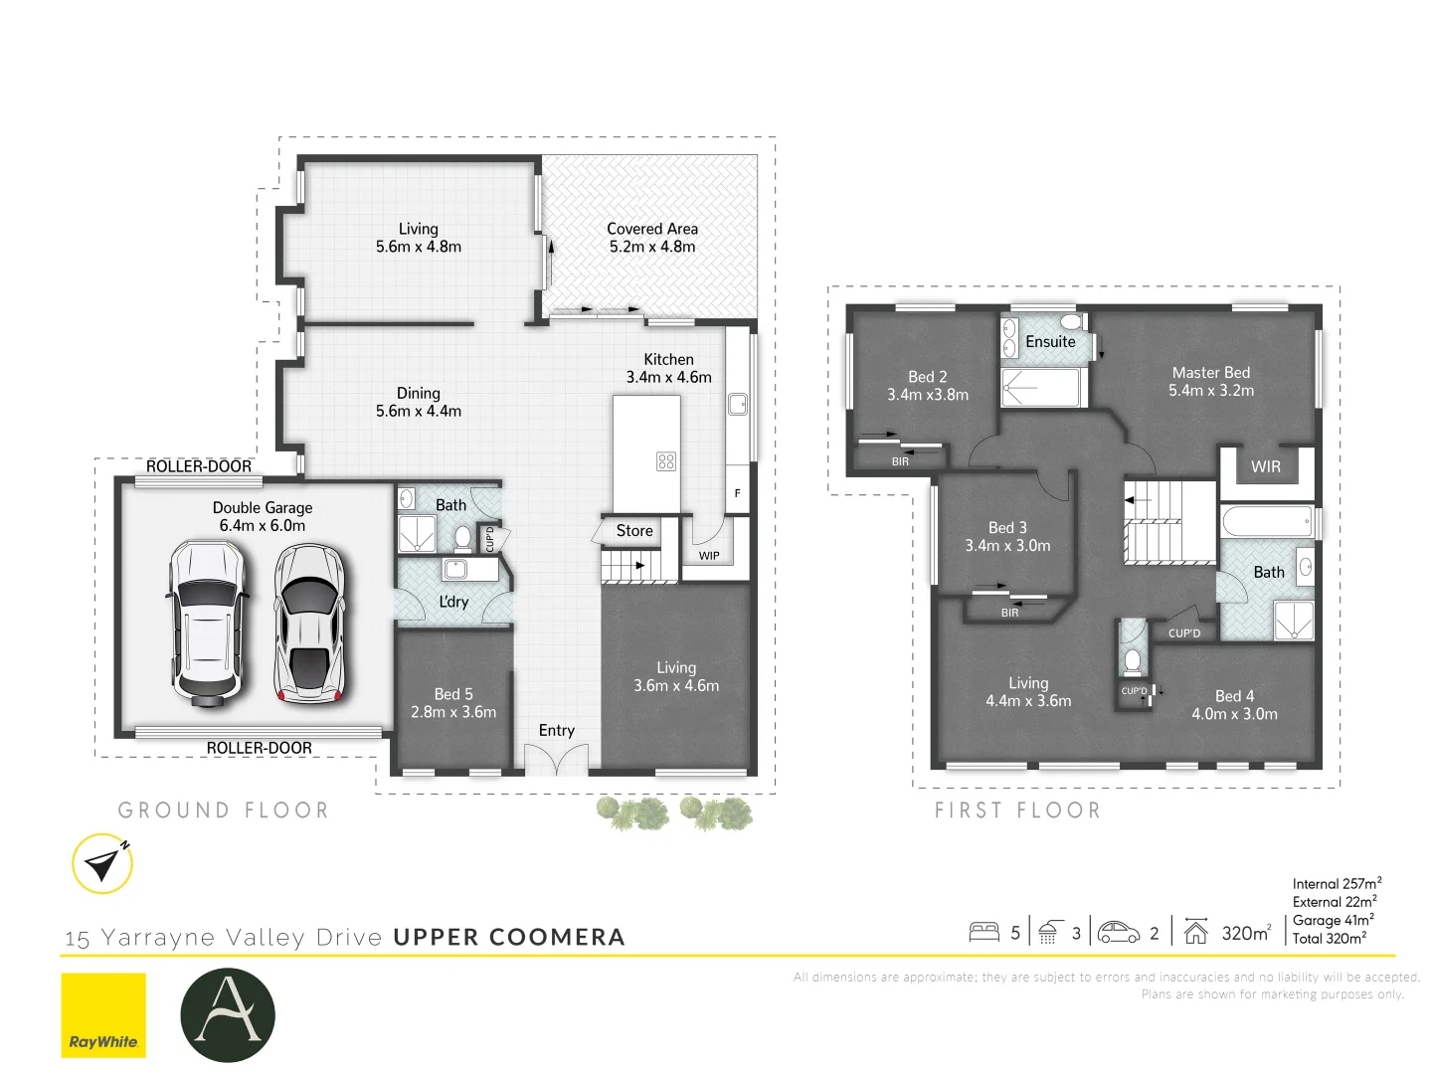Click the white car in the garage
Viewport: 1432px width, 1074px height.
tap(207, 623)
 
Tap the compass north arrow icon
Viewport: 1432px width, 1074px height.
tap(102, 863)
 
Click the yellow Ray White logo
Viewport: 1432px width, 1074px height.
tap(103, 1014)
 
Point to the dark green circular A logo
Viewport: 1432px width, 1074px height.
tap(228, 1014)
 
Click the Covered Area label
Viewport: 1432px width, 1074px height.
tap(652, 229)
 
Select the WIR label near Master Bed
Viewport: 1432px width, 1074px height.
tap(1265, 466)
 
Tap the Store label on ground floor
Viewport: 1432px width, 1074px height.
tap(634, 531)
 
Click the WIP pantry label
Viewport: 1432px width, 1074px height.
tap(709, 556)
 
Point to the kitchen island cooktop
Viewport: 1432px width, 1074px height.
tap(666, 461)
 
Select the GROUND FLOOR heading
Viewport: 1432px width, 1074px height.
tap(224, 810)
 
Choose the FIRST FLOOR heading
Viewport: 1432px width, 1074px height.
tap(1017, 810)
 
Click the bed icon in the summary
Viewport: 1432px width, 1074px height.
tap(984, 932)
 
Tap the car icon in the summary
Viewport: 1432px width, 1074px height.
tap(1119, 932)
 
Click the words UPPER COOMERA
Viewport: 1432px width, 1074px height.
tap(509, 937)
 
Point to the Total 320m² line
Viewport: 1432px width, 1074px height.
tap(1330, 938)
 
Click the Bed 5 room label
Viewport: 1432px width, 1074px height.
tap(453, 694)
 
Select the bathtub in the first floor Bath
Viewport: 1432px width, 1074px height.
tap(1266, 521)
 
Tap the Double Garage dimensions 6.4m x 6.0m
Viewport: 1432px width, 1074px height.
tap(263, 525)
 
